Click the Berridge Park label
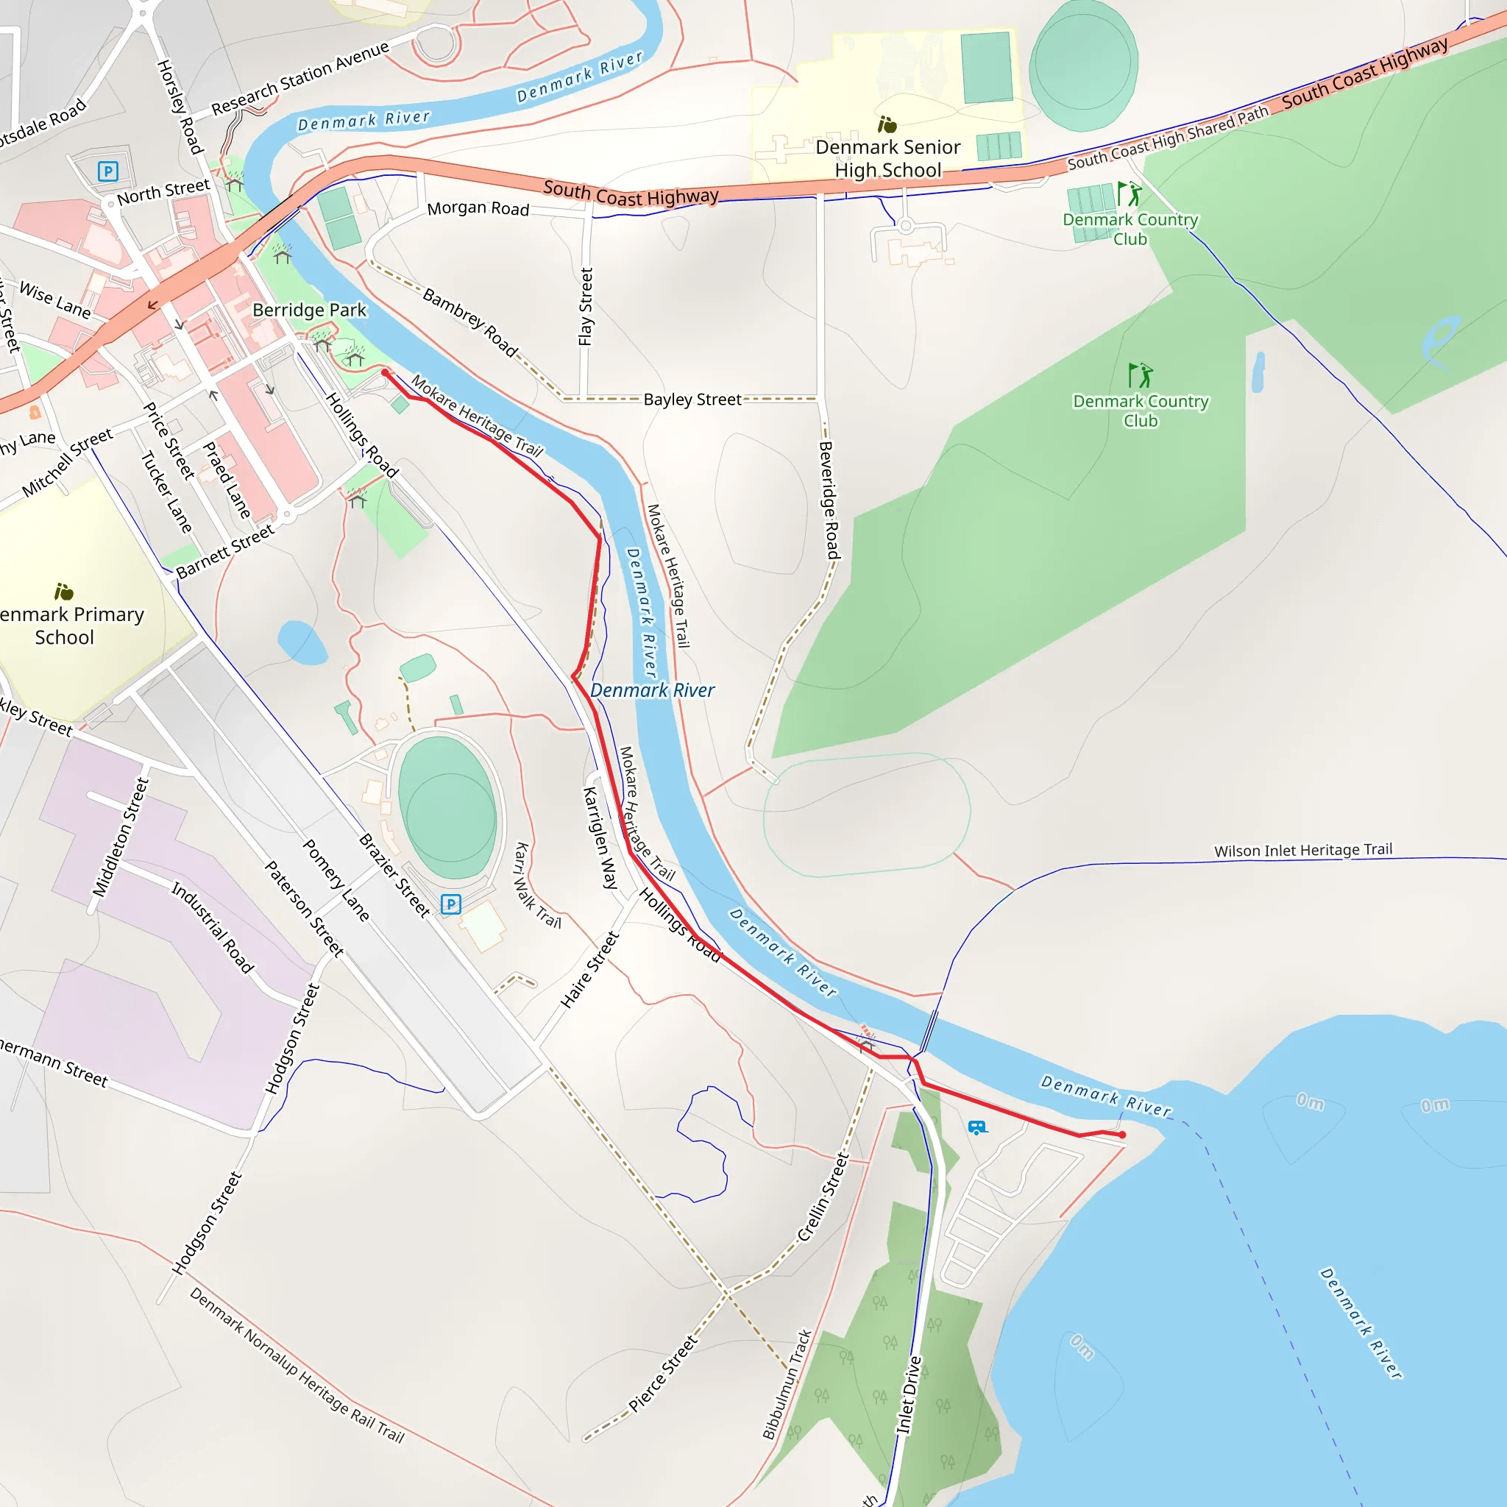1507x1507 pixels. coord(309,310)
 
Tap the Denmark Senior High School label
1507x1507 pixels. coord(887,158)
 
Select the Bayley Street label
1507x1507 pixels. coord(692,400)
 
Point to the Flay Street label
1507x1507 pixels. coord(586,307)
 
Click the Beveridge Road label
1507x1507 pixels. coord(829,500)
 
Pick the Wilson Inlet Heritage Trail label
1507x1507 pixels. coord(1302,850)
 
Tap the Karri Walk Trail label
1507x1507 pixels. coord(537,884)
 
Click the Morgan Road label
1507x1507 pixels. coord(478,208)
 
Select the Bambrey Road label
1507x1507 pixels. coord(469,322)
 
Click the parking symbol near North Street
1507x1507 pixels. coord(107,171)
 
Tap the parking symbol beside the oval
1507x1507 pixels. coord(451,904)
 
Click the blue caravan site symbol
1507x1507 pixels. coord(976,1127)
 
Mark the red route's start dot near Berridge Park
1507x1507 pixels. coord(386,374)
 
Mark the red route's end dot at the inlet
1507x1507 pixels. coord(1121,1135)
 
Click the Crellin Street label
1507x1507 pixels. coord(822,1197)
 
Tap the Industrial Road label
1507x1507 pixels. coord(212,927)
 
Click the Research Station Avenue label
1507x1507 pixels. coord(300,77)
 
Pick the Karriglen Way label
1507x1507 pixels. coord(600,837)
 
